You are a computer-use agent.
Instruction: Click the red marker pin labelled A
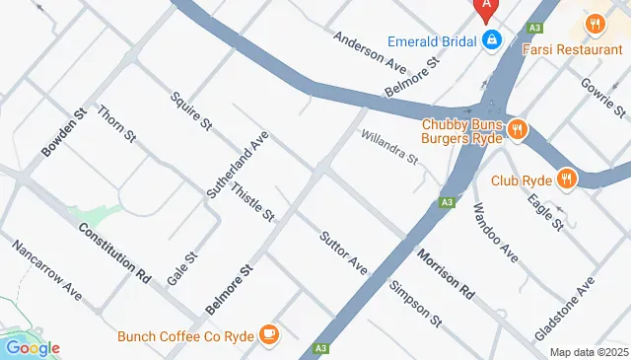485,8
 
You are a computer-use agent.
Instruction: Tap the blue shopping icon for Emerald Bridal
490,40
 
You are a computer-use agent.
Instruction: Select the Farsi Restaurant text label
573,48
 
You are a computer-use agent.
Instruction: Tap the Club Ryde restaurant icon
566,180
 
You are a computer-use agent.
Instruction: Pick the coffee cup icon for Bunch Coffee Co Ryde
268,335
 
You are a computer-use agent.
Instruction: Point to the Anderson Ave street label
370,51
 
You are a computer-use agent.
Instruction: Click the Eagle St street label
545,211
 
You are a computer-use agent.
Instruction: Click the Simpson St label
413,302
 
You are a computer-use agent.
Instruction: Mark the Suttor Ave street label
343,252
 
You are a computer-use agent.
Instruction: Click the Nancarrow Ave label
45,269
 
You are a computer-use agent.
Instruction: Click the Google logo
32,347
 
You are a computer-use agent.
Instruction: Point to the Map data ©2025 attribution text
589,352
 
